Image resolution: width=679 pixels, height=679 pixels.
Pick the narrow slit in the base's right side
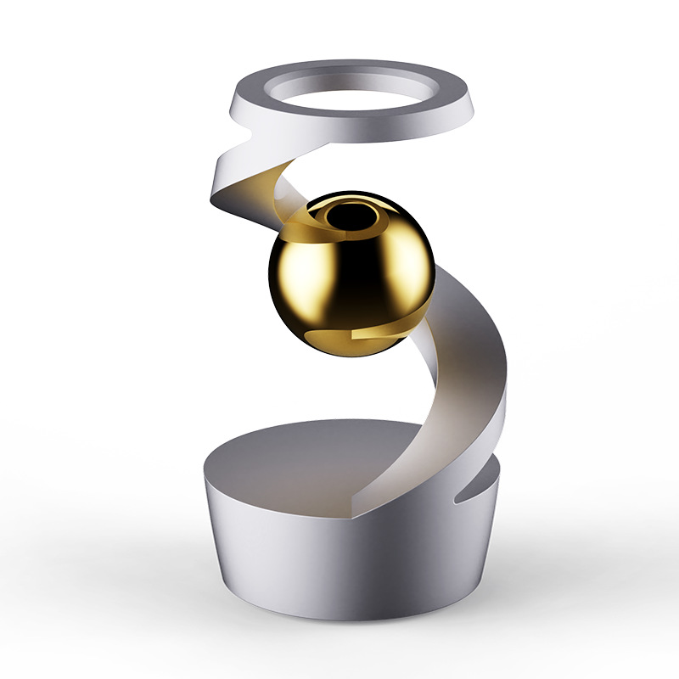click(x=475, y=493)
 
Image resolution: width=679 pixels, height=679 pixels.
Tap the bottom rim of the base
click(x=339, y=615)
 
